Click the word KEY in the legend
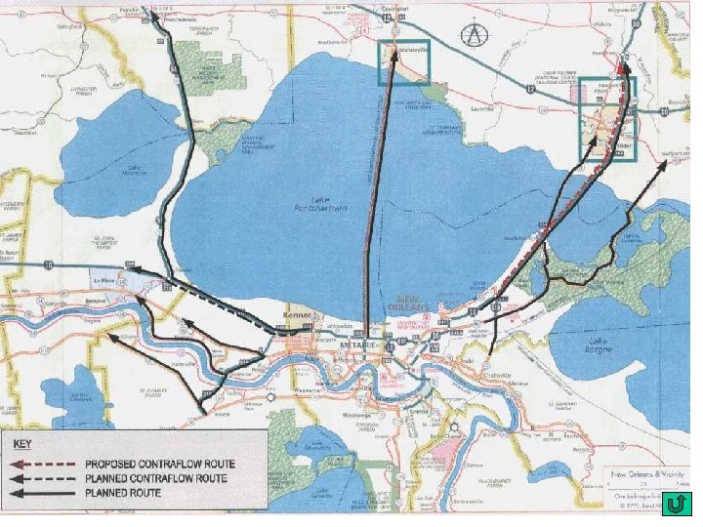[22, 445]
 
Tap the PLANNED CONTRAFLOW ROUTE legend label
[156, 478]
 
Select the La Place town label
[104, 280]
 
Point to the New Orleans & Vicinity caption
[645, 475]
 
